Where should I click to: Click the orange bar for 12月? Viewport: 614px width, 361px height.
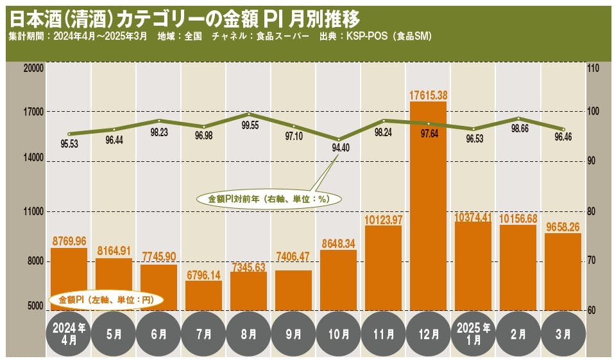pyautogui.click(x=428, y=206)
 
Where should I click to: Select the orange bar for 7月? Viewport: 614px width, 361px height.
pyautogui.click(x=203, y=295)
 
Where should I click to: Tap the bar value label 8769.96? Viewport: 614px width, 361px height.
pyautogui.click(x=69, y=242)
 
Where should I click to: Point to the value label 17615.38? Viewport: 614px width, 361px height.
pyautogui.click(x=428, y=95)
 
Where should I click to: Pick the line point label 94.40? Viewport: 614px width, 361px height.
pyautogui.click(x=338, y=148)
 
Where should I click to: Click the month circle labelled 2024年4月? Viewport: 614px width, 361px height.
pyautogui.click(x=69, y=334)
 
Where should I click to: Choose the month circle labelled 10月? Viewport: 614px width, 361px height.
pyautogui.click(x=338, y=334)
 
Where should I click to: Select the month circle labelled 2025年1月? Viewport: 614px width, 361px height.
pyautogui.click(x=473, y=334)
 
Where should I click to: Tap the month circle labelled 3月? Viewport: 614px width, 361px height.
pyautogui.click(x=563, y=334)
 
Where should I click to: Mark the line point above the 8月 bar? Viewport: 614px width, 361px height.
pyautogui.click(x=248, y=114)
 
